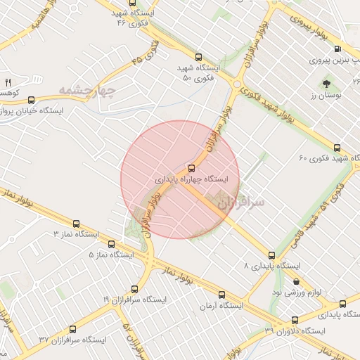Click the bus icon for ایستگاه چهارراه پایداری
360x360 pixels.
click(191, 168)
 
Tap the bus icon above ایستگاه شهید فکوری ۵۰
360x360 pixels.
click(200, 57)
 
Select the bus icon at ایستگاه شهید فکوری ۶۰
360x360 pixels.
click(337, 148)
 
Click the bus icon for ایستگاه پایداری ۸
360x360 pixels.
click(272, 255)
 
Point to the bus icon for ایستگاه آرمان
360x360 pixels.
click(221, 295)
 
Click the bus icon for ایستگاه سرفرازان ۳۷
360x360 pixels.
click(72, 328)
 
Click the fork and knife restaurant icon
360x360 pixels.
click(8, 82)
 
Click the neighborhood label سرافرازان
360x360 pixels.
click(241, 202)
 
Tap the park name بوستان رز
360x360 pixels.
click(324, 94)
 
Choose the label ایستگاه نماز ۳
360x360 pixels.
click(77, 233)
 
